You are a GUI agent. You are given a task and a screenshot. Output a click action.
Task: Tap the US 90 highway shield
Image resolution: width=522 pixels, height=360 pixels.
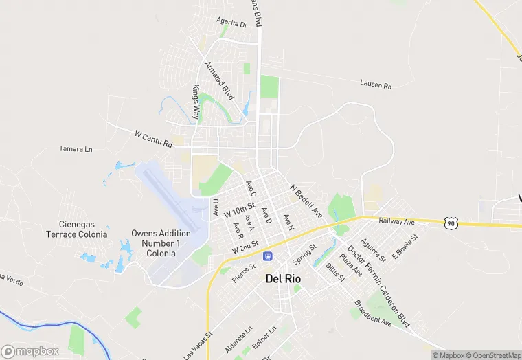(x=451, y=223)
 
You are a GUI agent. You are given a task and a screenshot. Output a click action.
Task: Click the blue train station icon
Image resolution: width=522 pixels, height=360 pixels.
(x=268, y=256)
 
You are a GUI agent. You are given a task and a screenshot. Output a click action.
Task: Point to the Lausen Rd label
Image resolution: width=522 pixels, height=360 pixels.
(x=375, y=85)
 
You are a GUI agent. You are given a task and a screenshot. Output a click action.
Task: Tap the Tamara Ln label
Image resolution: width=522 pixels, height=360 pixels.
(x=76, y=148)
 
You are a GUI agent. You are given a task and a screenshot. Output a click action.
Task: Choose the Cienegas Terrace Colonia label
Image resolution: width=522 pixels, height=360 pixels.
(x=76, y=229)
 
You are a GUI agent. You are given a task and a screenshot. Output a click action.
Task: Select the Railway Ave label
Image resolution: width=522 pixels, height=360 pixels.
(x=396, y=221)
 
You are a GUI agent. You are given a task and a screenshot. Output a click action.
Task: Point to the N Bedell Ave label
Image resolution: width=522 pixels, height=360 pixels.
(x=306, y=201)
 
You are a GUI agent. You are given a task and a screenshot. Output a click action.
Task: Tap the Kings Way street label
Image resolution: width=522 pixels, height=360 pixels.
(x=196, y=102)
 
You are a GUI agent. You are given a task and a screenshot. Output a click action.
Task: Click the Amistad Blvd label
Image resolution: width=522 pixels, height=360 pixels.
(x=219, y=80)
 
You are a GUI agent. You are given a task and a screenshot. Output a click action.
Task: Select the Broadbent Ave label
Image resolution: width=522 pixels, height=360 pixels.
(x=373, y=313)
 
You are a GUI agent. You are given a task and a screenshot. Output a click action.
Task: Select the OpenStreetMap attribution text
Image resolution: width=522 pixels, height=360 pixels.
(x=493, y=355)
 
